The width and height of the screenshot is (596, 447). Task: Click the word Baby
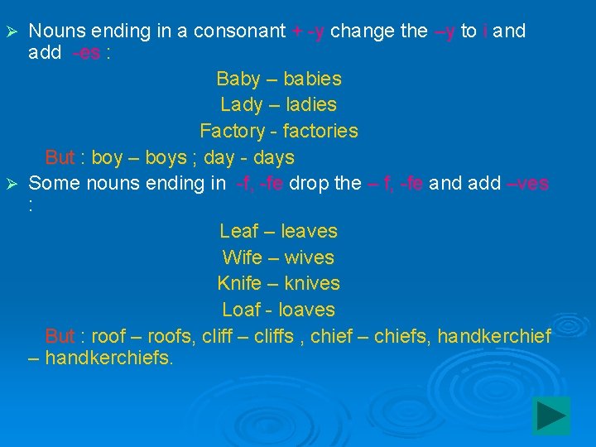click(x=237, y=79)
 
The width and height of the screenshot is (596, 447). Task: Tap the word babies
click(x=312, y=79)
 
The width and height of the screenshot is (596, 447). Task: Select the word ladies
click(x=308, y=105)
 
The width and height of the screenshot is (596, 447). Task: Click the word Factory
click(x=232, y=131)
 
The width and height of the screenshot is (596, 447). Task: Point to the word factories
click(x=320, y=131)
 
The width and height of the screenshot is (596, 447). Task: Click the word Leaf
click(x=238, y=231)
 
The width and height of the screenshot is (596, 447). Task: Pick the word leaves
click(x=309, y=231)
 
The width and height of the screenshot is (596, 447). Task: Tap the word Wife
click(x=243, y=257)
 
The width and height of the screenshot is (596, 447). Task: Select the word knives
click(x=312, y=283)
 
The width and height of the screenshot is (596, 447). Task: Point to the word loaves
click(x=306, y=310)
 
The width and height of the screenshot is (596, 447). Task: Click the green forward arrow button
click(x=550, y=416)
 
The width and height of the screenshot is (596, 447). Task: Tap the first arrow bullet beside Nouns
click(x=12, y=32)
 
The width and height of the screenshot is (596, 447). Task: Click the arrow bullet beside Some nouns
click(x=12, y=184)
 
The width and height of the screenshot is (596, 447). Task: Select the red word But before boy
click(x=60, y=157)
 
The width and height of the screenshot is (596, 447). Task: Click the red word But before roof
click(x=60, y=336)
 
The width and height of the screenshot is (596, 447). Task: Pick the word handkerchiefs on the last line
click(x=108, y=358)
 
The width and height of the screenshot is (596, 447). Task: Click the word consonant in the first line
click(x=240, y=31)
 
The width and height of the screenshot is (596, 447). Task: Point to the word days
click(x=273, y=157)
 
